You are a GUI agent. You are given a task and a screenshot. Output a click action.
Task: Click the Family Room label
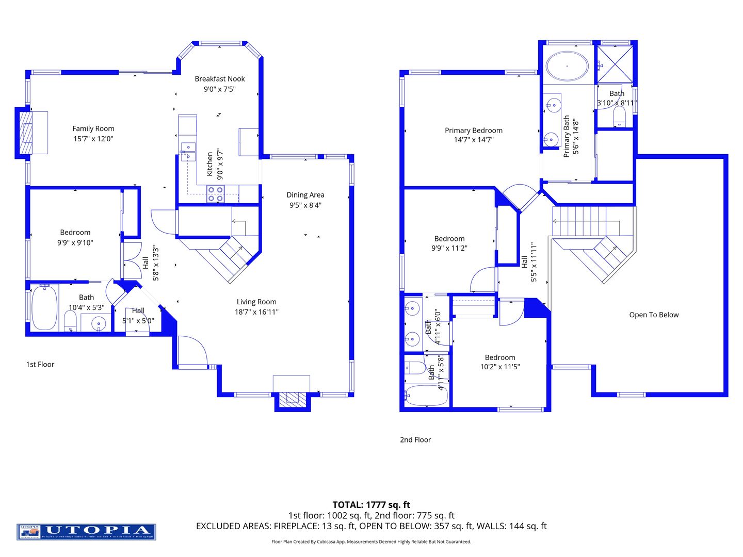(x=93, y=128)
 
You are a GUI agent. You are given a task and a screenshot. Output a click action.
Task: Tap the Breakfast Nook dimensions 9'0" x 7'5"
(x=220, y=89)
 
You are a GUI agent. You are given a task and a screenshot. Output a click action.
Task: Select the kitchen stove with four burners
(x=215, y=194)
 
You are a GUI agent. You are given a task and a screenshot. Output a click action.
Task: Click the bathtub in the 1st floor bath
(x=44, y=308)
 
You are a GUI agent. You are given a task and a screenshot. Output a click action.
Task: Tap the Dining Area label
(x=305, y=195)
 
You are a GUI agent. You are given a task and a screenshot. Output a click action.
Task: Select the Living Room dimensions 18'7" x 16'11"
(x=256, y=312)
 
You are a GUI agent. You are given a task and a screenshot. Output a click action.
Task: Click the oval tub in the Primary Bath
(x=567, y=66)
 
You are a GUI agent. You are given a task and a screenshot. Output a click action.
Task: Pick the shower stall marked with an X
(x=615, y=64)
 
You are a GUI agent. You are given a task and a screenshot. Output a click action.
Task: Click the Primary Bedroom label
(x=474, y=130)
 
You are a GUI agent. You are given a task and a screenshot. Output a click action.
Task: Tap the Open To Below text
(x=654, y=315)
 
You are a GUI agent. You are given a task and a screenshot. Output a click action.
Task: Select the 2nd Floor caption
(x=415, y=440)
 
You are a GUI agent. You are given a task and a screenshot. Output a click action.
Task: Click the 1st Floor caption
(x=40, y=364)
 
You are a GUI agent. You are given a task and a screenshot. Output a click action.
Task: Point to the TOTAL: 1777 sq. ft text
(x=371, y=505)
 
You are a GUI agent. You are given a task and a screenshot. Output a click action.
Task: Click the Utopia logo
(x=86, y=532)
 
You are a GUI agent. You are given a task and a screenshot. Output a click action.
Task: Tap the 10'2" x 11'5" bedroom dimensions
(x=500, y=367)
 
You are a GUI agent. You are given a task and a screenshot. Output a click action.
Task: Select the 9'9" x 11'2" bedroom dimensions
(x=449, y=248)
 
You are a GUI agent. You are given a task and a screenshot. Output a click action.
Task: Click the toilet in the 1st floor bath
(x=70, y=322)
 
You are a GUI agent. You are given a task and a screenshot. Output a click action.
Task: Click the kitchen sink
(x=188, y=151)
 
